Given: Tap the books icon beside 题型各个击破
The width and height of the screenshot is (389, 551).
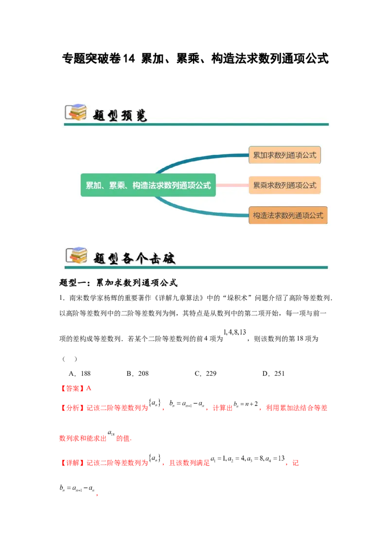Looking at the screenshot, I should point(75,256).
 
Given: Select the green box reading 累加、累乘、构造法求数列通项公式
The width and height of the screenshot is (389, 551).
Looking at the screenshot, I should point(148,185).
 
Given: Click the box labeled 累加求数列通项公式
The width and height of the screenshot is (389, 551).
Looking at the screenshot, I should point(284,155).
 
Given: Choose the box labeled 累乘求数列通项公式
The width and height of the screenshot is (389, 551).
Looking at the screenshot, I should point(284,185).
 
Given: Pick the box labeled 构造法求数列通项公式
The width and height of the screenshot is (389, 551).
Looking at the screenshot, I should point(288,215).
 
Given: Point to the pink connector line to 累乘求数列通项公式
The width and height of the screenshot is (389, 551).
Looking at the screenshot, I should point(232,185).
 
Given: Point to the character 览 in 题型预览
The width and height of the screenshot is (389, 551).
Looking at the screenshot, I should point(141,115).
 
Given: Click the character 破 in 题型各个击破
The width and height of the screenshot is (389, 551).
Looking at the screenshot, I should point(168,258).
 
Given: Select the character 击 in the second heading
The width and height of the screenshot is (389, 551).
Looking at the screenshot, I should point(155,258).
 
